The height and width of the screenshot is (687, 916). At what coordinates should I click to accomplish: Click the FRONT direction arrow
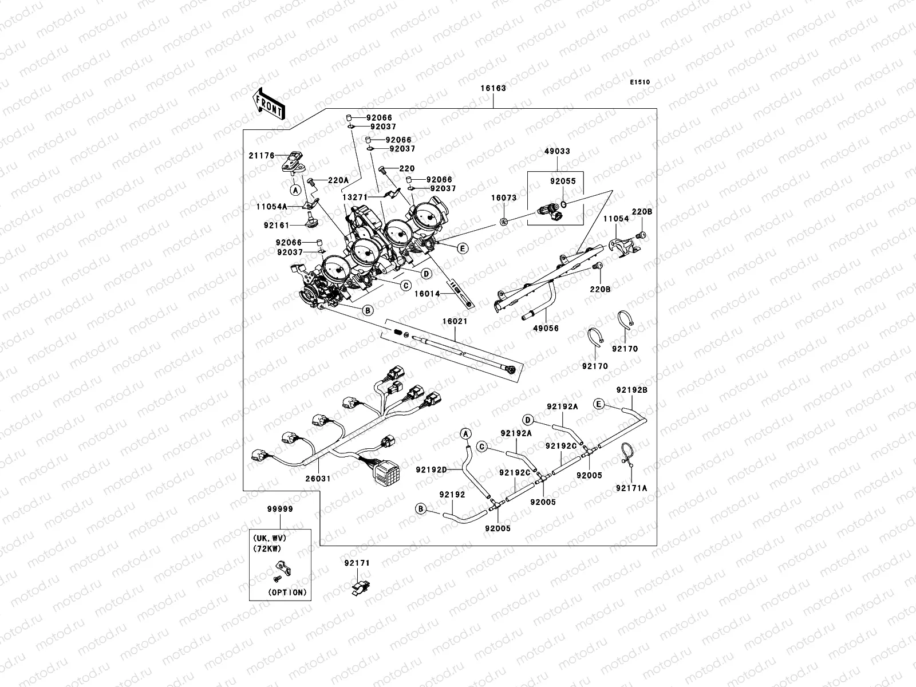click(269, 104)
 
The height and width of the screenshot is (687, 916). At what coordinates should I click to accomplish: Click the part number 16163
click(493, 88)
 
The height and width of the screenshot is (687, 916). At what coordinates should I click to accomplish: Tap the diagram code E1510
click(639, 82)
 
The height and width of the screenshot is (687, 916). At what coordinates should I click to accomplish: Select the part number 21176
click(262, 156)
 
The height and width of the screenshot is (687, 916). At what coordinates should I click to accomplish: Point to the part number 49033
click(557, 151)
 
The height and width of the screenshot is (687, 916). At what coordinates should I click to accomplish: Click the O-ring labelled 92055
click(564, 204)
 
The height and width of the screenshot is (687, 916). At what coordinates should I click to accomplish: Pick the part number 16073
click(504, 198)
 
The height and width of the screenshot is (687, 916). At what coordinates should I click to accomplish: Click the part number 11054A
click(272, 207)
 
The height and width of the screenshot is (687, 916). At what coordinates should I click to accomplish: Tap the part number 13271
click(355, 198)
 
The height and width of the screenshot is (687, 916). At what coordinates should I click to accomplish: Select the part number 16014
click(427, 294)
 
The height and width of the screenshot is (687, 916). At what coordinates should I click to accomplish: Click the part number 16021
click(455, 321)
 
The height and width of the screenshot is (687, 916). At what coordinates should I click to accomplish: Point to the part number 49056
click(546, 328)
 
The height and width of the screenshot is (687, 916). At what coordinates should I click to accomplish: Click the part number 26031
click(318, 479)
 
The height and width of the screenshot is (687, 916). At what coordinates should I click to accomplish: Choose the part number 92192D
click(432, 469)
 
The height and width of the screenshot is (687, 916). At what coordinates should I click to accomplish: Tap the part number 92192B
click(632, 390)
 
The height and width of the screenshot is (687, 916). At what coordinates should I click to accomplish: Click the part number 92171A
click(631, 488)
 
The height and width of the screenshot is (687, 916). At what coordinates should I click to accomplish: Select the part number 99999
click(280, 509)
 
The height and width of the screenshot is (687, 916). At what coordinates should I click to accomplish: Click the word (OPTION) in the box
click(287, 593)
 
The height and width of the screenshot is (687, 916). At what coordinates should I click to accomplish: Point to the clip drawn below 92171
click(361, 587)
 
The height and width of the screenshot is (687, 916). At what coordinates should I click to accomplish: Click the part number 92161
click(277, 225)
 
